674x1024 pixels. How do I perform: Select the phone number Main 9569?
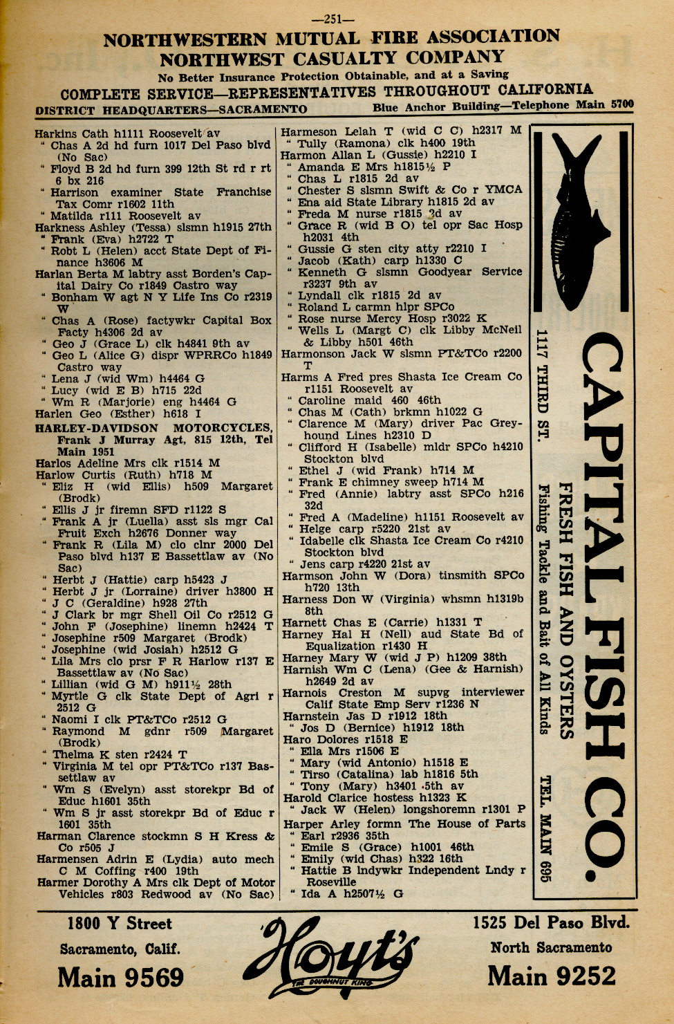120,977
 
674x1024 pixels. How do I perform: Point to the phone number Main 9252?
551,976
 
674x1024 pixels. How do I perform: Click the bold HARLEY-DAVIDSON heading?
97,428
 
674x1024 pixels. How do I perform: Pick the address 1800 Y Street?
120,924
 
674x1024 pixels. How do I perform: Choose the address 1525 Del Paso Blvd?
551,922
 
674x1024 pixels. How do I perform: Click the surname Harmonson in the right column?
310,354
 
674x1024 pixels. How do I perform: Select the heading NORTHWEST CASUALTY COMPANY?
332,58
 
